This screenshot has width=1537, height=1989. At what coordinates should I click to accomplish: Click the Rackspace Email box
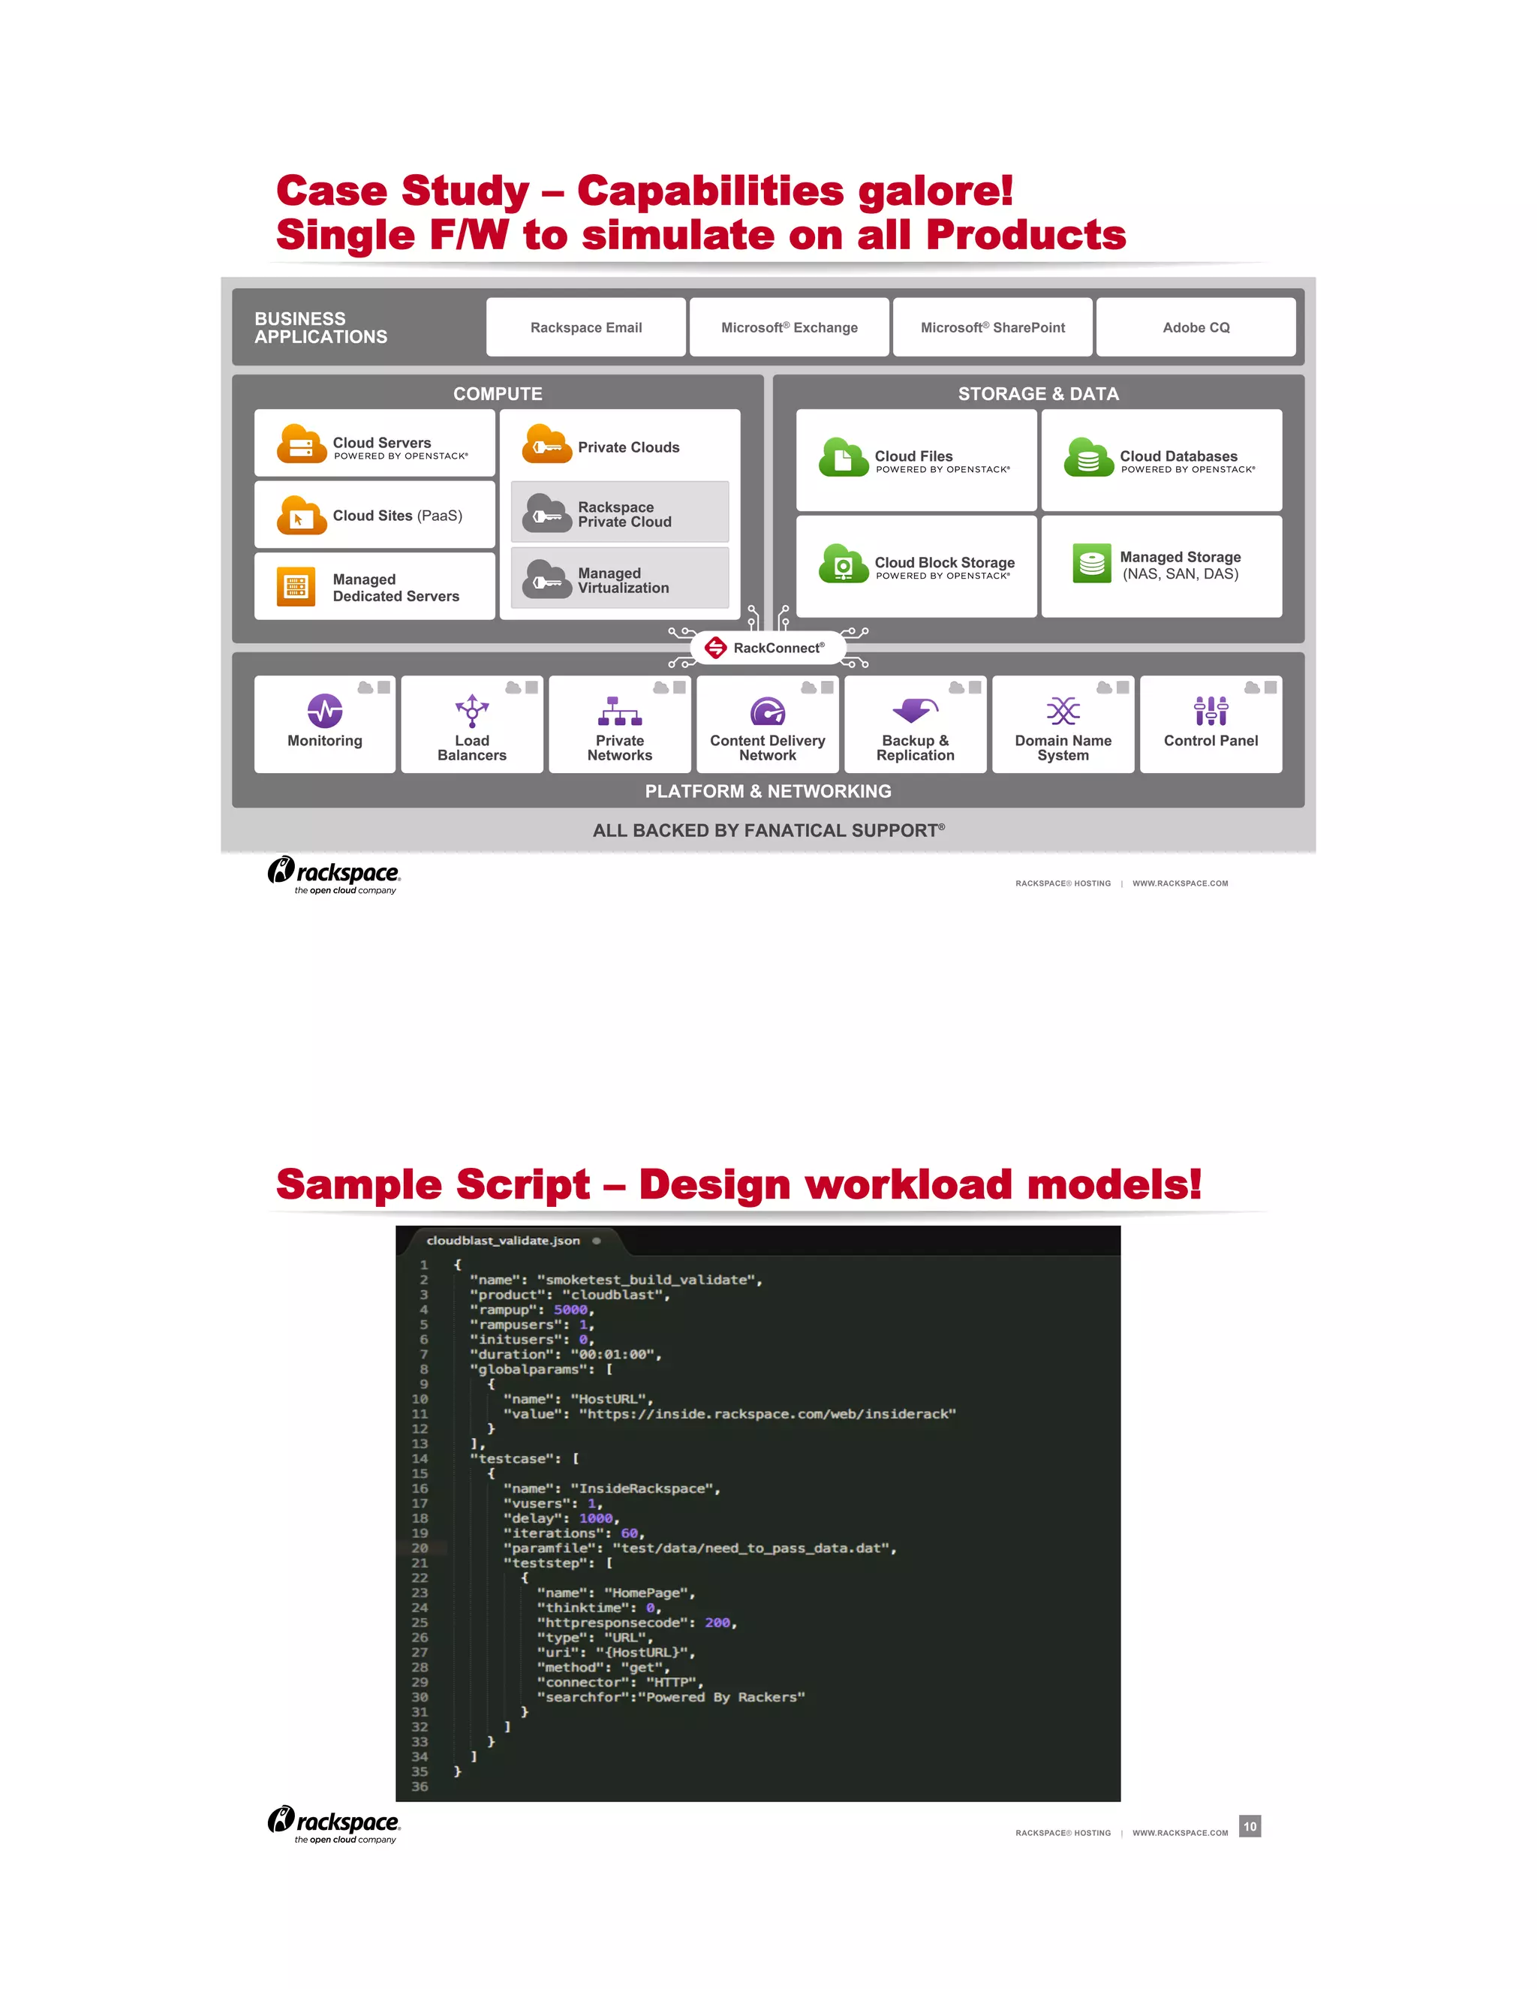click(x=585, y=327)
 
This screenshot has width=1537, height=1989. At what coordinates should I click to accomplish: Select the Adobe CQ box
click(x=1196, y=327)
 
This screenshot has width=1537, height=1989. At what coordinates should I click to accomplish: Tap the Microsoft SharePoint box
click(x=992, y=327)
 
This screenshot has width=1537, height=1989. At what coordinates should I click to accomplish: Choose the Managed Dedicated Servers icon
click(x=296, y=586)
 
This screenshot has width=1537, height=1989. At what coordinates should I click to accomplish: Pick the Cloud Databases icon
click(x=1089, y=457)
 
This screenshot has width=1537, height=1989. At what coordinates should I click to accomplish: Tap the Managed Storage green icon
click(x=1092, y=564)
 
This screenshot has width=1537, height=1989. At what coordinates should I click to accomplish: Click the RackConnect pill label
click(x=768, y=648)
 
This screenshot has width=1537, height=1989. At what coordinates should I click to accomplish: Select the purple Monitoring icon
click(x=325, y=710)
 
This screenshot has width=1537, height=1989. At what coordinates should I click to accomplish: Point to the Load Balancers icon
click(x=471, y=710)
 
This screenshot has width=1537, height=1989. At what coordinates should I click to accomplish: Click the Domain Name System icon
click(x=1063, y=710)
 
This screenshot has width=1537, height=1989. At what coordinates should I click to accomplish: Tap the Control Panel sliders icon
click(x=1211, y=710)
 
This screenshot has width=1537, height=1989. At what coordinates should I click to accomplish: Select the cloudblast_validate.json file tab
click(x=504, y=1241)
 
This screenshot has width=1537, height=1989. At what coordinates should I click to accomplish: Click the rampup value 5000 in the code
click(x=571, y=1310)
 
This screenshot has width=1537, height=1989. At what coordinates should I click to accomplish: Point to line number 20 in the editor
click(x=420, y=1548)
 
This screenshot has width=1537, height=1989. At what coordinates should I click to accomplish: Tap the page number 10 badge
click(x=1250, y=1826)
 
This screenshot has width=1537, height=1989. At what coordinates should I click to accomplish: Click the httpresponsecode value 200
click(x=717, y=1623)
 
